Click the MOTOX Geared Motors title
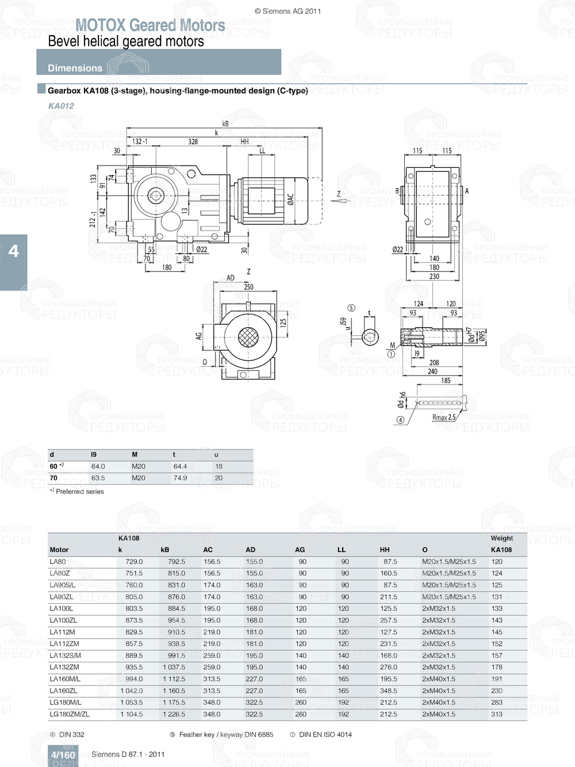(x=150, y=25)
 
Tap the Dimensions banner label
(x=75, y=68)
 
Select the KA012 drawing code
(x=61, y=106)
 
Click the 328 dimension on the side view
(x=193, y=141)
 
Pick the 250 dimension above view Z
(x=248, y=287)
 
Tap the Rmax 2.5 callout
(x=443, y=417)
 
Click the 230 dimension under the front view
(x=434, y=277)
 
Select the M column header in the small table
(x=135, y=454)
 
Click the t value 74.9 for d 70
(x=180, y=478)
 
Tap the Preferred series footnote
(x=79, y=492)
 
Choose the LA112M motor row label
(x=62, y=632)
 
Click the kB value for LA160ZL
(x=174, y=691)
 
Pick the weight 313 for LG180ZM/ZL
(x=497, y=714)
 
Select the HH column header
(x=385, y=550)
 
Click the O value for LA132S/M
(x=438, y=655)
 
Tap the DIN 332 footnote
(x=71, y=734)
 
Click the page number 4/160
(x=63, y=755)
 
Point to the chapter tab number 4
(x=13, y=251)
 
